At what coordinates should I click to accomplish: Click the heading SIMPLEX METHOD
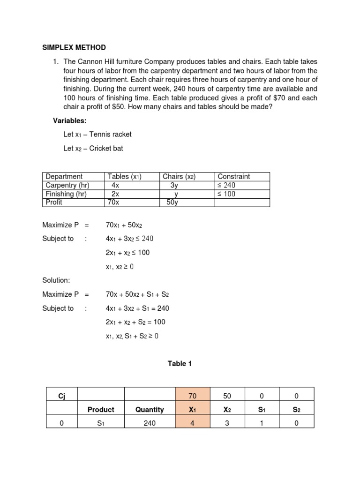tap(74, 47)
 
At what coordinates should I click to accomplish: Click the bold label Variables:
tap(70, 121)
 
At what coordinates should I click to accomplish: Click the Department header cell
tap(64, 177)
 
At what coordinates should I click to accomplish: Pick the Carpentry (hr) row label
tap(67, 185)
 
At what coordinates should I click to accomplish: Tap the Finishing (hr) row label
tap(66, 194)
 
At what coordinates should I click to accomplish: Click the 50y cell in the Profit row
tap(172, 202)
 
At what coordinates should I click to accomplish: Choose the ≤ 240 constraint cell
tap(227, 185)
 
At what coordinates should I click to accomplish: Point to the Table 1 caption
tap(180, 363)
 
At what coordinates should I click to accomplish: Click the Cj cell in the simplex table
tap(61, 396)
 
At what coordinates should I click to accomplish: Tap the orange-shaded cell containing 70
tap(192, 396)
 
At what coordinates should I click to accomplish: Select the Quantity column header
tap(150, 409)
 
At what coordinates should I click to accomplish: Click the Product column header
tap(101, 409)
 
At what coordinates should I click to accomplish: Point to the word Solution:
tap(56, 280)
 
